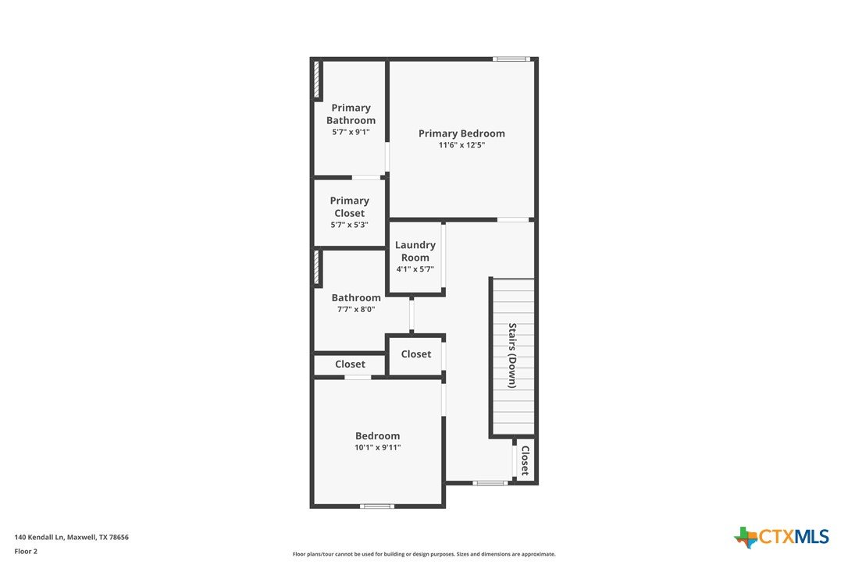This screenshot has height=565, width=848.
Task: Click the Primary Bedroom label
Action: click(461, 133)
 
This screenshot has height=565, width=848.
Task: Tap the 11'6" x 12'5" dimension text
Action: click(461, 145)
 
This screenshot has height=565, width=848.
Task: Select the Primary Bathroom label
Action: click(351, 114)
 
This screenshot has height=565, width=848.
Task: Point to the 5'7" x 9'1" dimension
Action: click(351, 132)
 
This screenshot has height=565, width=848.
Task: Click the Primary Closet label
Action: click(349, 207)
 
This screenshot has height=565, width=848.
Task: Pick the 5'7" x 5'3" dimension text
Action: click(349, 225)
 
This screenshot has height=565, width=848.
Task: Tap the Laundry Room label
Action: click(415, 251)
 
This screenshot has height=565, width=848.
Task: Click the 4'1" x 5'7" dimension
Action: click(415, 269)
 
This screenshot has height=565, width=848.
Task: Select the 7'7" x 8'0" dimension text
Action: click(356, 309)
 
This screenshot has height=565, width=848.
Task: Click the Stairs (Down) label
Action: click(512, 355)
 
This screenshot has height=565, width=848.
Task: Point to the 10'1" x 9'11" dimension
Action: click(377, 447)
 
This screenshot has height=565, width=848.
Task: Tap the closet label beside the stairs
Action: click(525, 460)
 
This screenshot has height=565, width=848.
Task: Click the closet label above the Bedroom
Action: click(350, 364)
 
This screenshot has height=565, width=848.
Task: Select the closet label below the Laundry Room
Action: click(416, 354)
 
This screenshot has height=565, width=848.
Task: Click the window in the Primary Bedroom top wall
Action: click(509, 59)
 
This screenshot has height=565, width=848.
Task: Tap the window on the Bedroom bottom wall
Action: click(377, 506)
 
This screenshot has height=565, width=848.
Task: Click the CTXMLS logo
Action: click(781, 537)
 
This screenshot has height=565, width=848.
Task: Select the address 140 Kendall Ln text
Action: click(39, 538)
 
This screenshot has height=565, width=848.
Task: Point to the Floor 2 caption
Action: click(26, 552)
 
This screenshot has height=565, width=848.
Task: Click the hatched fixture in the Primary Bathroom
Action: click(316, 79)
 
